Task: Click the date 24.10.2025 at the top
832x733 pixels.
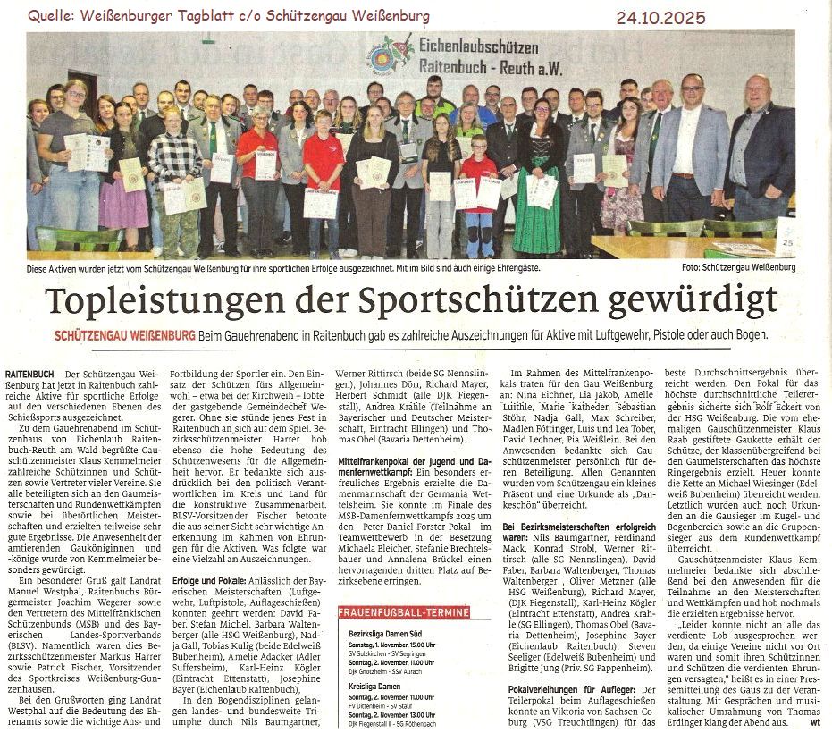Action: point(660,17)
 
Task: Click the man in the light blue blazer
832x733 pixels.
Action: point(690,152)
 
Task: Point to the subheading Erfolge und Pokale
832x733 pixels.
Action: point(209,580)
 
